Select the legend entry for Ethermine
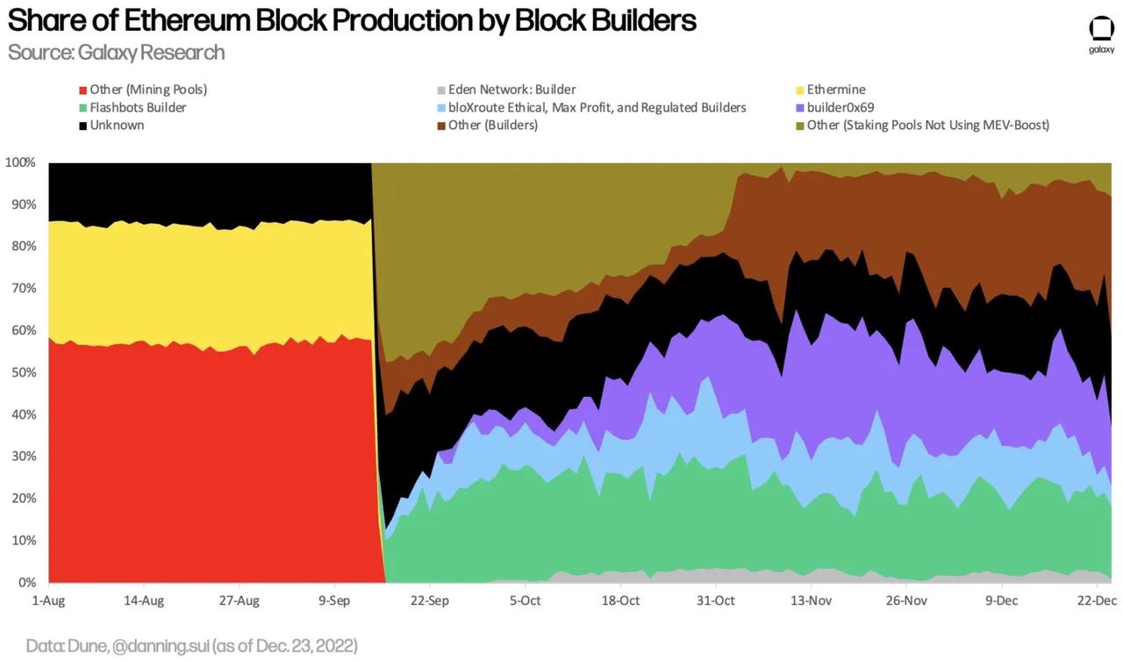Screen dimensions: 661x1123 (835, 90)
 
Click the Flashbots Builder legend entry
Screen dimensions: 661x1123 (138, 107)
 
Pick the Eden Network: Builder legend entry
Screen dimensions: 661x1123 (511, 90)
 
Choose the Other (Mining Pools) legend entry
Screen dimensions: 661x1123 (147, 90)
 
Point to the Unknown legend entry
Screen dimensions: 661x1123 (117, 125)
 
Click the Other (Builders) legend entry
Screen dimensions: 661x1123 (492, 125)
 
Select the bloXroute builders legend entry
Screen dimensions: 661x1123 (597, 107)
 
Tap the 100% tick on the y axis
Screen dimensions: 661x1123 (20, 162)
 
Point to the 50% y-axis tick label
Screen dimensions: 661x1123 (23, 372)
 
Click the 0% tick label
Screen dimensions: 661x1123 (26, 582)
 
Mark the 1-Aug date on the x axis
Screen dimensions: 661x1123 (49, 600)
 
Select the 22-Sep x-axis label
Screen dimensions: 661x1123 (429, 600)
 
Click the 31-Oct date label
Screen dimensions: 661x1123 (715, 600)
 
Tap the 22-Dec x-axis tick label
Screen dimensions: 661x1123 (1096, 600)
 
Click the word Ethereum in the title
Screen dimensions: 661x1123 (181, 19)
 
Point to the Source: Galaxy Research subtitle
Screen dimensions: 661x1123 (116, 53)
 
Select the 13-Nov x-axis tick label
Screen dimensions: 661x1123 (811, 600)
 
